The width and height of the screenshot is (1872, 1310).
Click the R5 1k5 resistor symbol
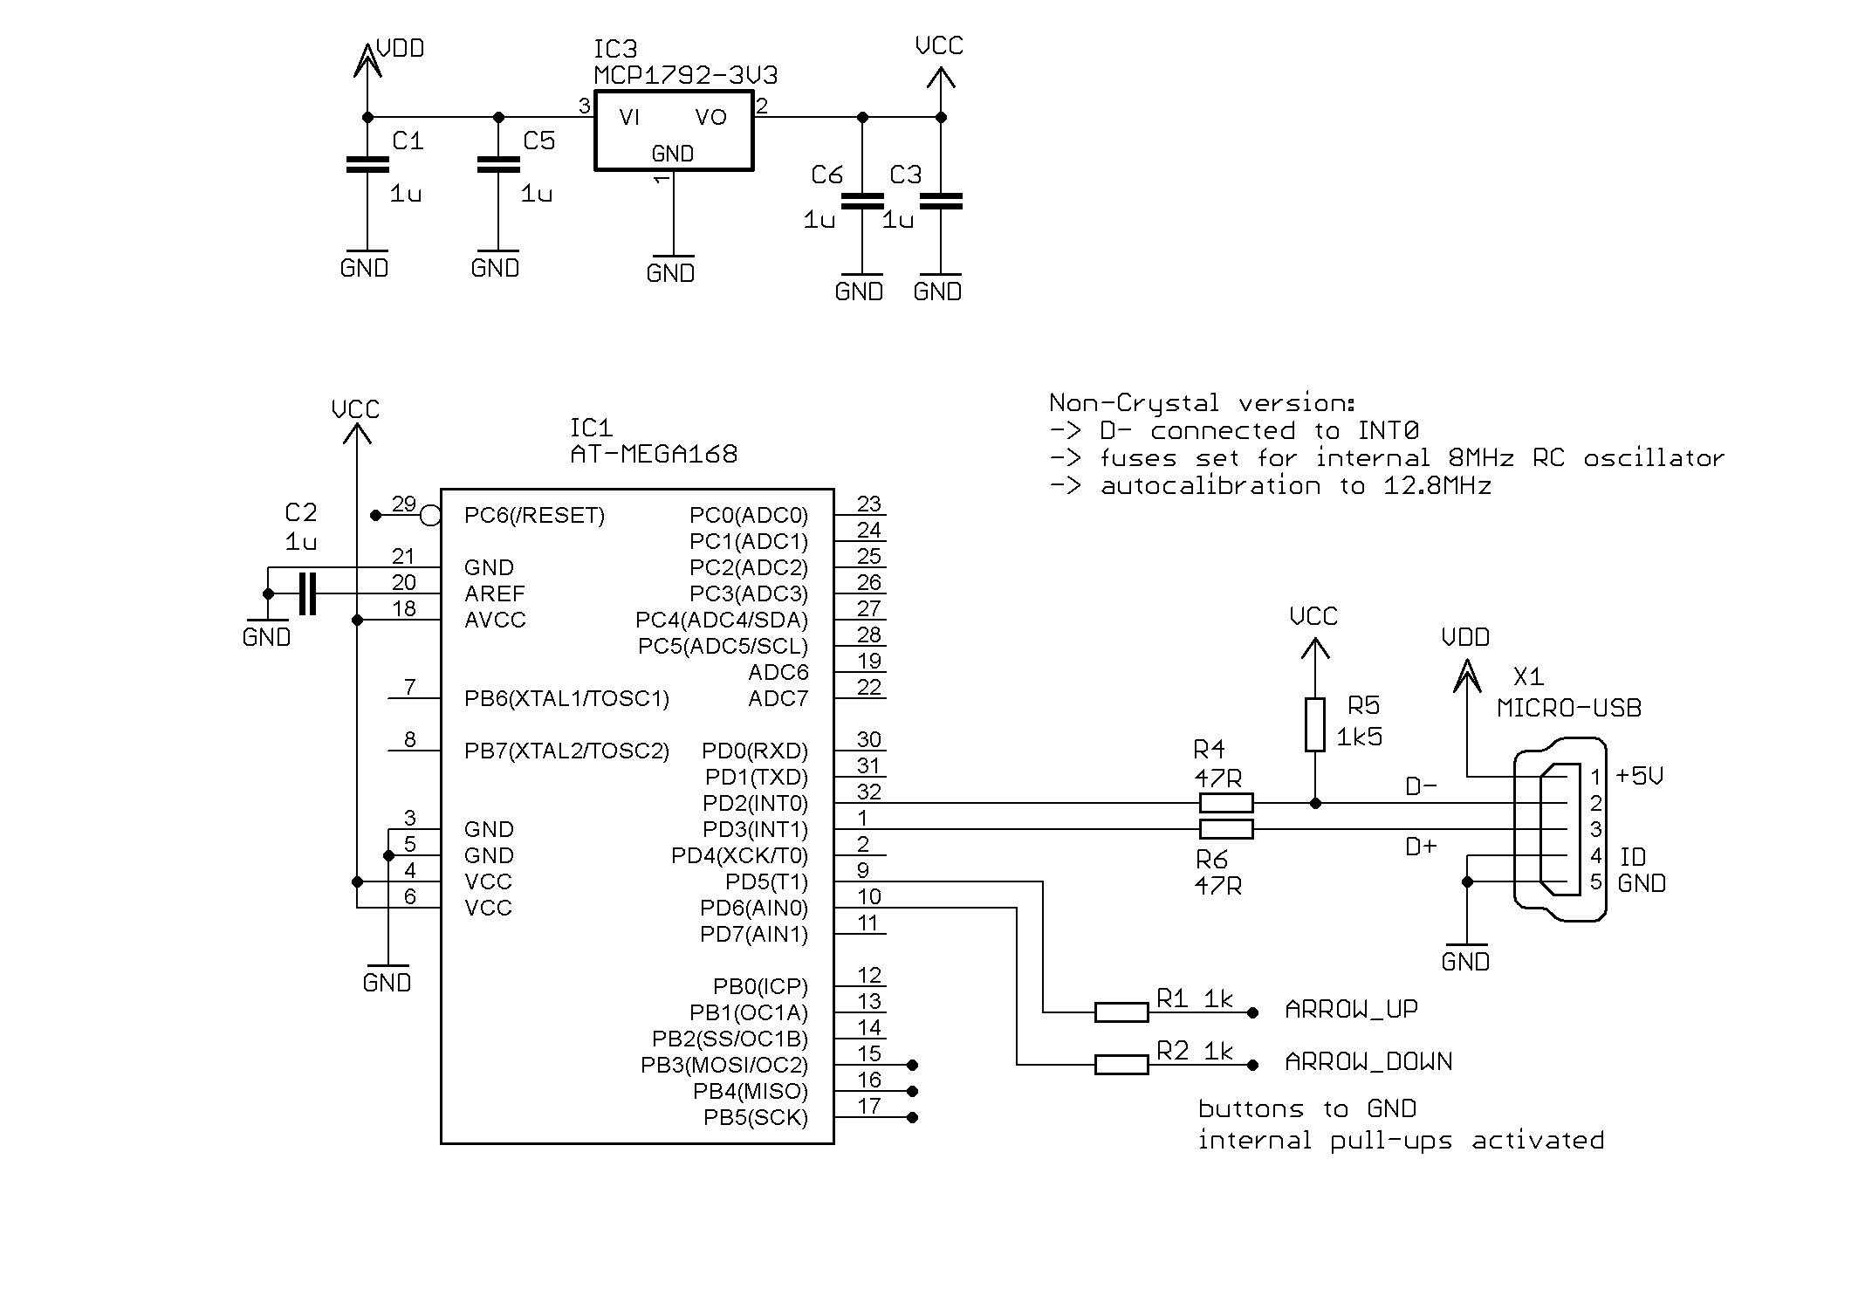pyautogui.click(x=1314, y=724)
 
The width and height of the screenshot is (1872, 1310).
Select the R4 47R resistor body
pyautogui.click(x=1226, y=802)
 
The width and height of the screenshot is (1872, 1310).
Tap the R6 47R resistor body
pyautogui.click(x=1226, y=828)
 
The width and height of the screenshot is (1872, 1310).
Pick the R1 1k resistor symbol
pyautogui.click(x=1121, y=1012)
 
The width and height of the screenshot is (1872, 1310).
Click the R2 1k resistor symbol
pyautogui.click(x=1121, y=1064)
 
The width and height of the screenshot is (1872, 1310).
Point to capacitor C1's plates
pyautogui.click(x=367, y=165)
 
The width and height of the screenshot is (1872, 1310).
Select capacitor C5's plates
pyautogui.click(x=498, y=165)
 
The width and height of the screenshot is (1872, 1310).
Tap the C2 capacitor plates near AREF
pyautogui.click(x=306, y=593)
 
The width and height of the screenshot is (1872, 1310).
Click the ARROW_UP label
pyautogui.click(x=1351, y=1010)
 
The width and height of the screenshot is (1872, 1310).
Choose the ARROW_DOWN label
pyautogui.click(x=1368, y=1062)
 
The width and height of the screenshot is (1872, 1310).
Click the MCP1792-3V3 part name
pyautogui.click(x=685, y=76)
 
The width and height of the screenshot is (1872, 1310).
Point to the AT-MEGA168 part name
pyautogui.click(x=653, y=455)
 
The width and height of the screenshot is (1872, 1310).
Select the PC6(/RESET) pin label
pyautogui.click(x=534, y=516)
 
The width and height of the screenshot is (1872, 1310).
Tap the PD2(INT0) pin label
pyautogui.click(x=755, y=803)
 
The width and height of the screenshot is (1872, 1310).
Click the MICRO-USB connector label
pyautogui.click(x=1568, y=708)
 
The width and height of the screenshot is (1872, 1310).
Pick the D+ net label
pyautogui.click(x=1421, y=846)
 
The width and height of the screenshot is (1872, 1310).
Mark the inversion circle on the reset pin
pyautogui.click(x=430, y=516)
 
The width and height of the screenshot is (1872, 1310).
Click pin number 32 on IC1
pyautogui.click(x=868, y=792)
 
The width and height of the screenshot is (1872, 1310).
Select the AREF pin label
pyautogui.click(x=495, y=594)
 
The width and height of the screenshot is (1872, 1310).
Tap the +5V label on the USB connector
pyautogui.click(x=1639, y=776)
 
